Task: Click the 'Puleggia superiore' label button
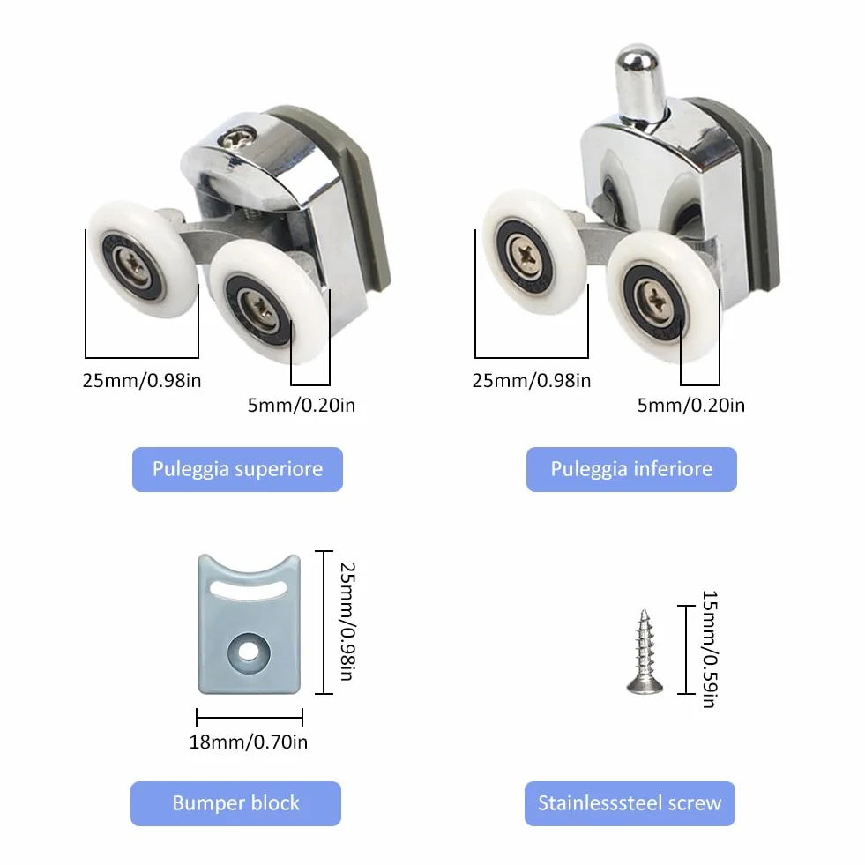pos(237,469)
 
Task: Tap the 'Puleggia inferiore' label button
pos(631,469)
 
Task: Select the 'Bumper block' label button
pos(235,803)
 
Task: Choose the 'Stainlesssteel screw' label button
pos(630,803)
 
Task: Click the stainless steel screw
pos(645,652)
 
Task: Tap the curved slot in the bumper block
pos(249,590)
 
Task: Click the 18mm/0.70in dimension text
pos(249,742)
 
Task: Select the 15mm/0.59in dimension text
pos(710,649)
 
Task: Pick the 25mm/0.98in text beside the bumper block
pos(347,622)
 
